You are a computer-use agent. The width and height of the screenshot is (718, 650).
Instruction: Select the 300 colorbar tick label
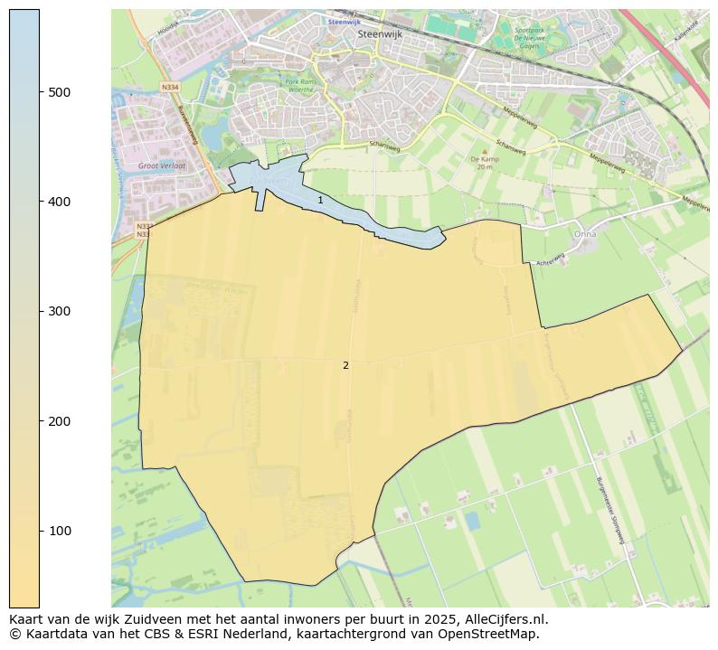[x=60, y=311]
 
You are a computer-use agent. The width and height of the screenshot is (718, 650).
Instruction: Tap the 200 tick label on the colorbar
[x=60, y=421]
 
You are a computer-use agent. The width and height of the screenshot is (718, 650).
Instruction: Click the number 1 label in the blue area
[x=320, y=200]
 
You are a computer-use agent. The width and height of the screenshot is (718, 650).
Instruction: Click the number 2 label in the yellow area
[x=345, y=365]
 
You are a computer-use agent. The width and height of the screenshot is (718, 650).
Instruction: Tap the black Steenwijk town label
[x=379, y=33]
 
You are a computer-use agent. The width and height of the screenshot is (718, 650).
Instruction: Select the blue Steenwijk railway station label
[x=344, y=21]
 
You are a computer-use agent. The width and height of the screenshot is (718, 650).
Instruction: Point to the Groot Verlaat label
[x=162, y=166]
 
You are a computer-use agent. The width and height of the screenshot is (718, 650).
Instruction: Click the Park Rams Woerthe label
[x=299, y=86]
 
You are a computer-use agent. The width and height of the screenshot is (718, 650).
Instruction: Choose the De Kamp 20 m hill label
[x=485, y=163]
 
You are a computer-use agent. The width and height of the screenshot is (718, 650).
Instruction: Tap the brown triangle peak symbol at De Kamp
[x=485, y=151]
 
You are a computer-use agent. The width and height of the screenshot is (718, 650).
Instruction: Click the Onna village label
[x=585, y=233]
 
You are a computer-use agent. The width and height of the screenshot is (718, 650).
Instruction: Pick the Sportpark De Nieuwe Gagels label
[x=514, y=35]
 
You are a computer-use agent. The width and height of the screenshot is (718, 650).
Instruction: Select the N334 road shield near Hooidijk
[x=169, y=87]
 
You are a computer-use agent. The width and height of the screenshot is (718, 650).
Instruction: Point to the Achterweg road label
[x=550, y=259]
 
